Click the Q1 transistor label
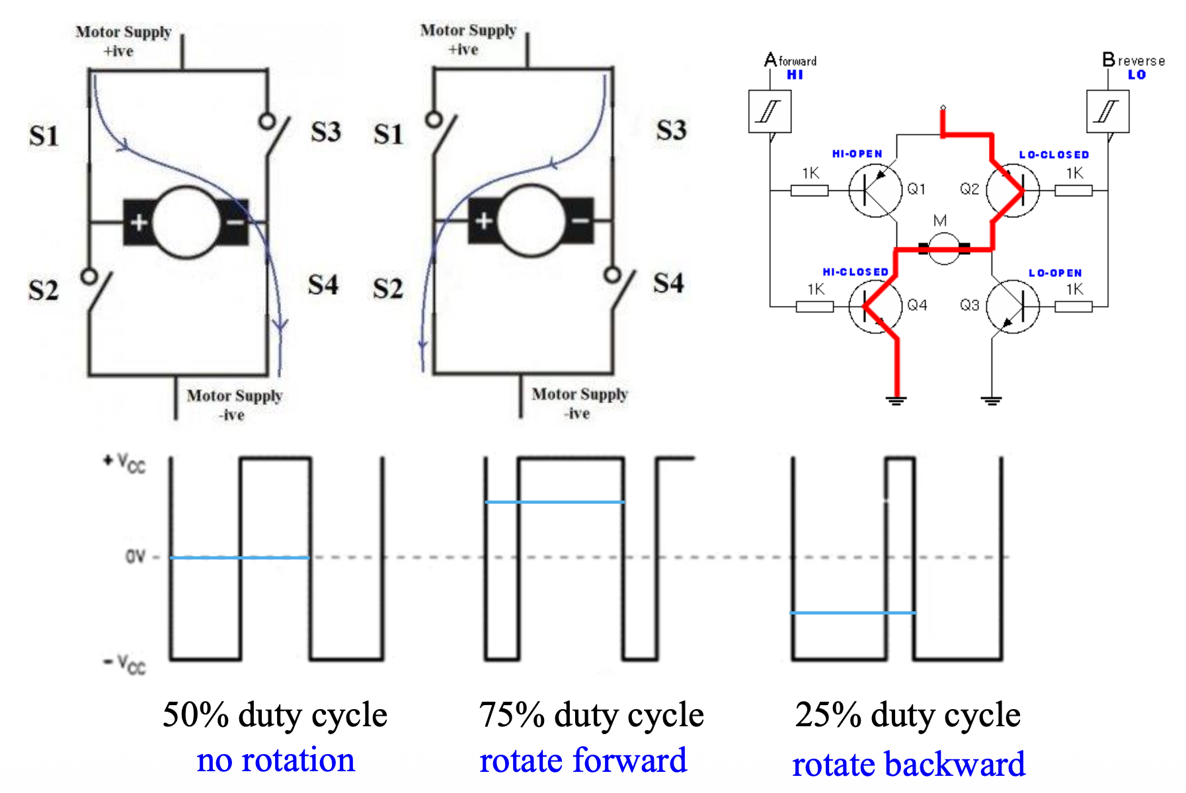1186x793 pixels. pos(916,190)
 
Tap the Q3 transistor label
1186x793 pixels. pos(969,305)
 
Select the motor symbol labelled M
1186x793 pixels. pos(943,248)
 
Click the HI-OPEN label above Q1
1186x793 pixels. pos(857,154)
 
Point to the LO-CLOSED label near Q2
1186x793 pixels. pos(1054,155)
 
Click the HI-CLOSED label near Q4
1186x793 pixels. pos(855,272)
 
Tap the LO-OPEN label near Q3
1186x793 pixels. pos(1055,273)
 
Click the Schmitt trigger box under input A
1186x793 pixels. pos(770,112)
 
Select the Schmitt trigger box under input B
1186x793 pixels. pos(1107,112)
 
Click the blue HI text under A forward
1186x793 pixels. pos(795,75)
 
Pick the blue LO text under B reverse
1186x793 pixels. pos(1136,75)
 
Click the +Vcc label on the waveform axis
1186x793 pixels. pos(125,463)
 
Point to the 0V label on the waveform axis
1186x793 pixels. pos(135,556)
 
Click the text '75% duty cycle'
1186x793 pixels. pos(591,715)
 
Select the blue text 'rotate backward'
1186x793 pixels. pos(908,764)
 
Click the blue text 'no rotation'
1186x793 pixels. pos(276,760)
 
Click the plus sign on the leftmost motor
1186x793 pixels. pos(139,222)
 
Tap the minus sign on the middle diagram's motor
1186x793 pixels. pos(580,221)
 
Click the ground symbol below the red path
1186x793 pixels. pos(896,399)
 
